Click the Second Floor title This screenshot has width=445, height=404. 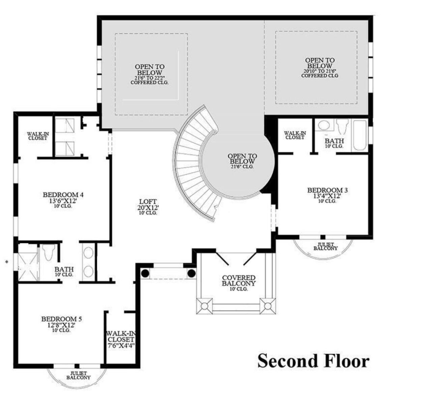pyautogui.click(x=313, y=360)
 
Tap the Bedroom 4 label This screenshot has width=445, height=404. pyautogui.click(x=63, y=195)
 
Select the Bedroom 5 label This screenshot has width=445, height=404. pyautogui.click(x=61, y=319)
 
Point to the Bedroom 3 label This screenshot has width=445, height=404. pyautogui.click(x=327, y=190)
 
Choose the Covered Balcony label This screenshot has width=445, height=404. pyautogui.click(x=239, y=281)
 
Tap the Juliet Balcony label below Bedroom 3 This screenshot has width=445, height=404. pyautogui.click(x=325, y=246)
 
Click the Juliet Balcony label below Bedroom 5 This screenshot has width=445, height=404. pyautogui.click(x=78, y=376)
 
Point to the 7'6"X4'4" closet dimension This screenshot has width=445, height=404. pyautogui.click(x=121, y=345)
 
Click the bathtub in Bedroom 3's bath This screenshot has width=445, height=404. pyautogui.click(x=359, y=135)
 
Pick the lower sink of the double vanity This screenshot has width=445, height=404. pyautogui.click(x=88, y=271)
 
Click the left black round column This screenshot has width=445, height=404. pyautogui.click(x=145, y=273)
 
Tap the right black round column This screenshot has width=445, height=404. pyautogui.click(x=191, y=273)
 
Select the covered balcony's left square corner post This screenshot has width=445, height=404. pyautogui.click(x=204, y=306)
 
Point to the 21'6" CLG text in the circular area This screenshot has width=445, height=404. pyautogui.click(x=242, y=166)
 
